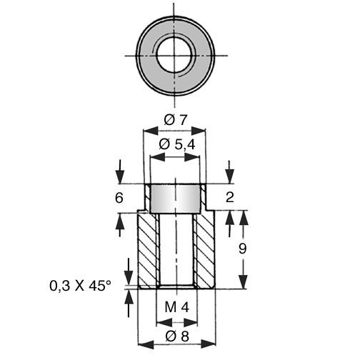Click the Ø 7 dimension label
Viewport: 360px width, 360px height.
(x=176, y=120)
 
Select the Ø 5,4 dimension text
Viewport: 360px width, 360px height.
(x=177, y=144)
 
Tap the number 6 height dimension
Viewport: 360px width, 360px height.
(x=119, y=198)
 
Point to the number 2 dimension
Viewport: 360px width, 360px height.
(x=230, y=197)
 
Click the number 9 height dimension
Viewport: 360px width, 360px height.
(x=242, y=249)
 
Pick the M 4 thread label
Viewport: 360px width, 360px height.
(x=177, y=307)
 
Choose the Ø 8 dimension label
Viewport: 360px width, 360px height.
(x=177, y=336)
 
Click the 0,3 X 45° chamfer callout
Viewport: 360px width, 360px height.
(x=80, y=286)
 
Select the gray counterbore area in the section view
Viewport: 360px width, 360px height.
(x=175, y=199)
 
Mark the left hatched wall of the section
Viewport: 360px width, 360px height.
(x=147, y=250)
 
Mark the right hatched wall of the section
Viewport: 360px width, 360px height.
(x=205, y=250)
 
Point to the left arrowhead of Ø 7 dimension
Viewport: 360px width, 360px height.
(x=151, y=131)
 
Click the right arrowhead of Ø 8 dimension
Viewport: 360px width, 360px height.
(x=209, y=344)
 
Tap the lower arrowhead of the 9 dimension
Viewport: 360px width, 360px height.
(x=244, y=281)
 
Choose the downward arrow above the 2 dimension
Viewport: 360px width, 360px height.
(x=230, y=172)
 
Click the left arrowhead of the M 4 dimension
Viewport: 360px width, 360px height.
(x=164, y=323)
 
